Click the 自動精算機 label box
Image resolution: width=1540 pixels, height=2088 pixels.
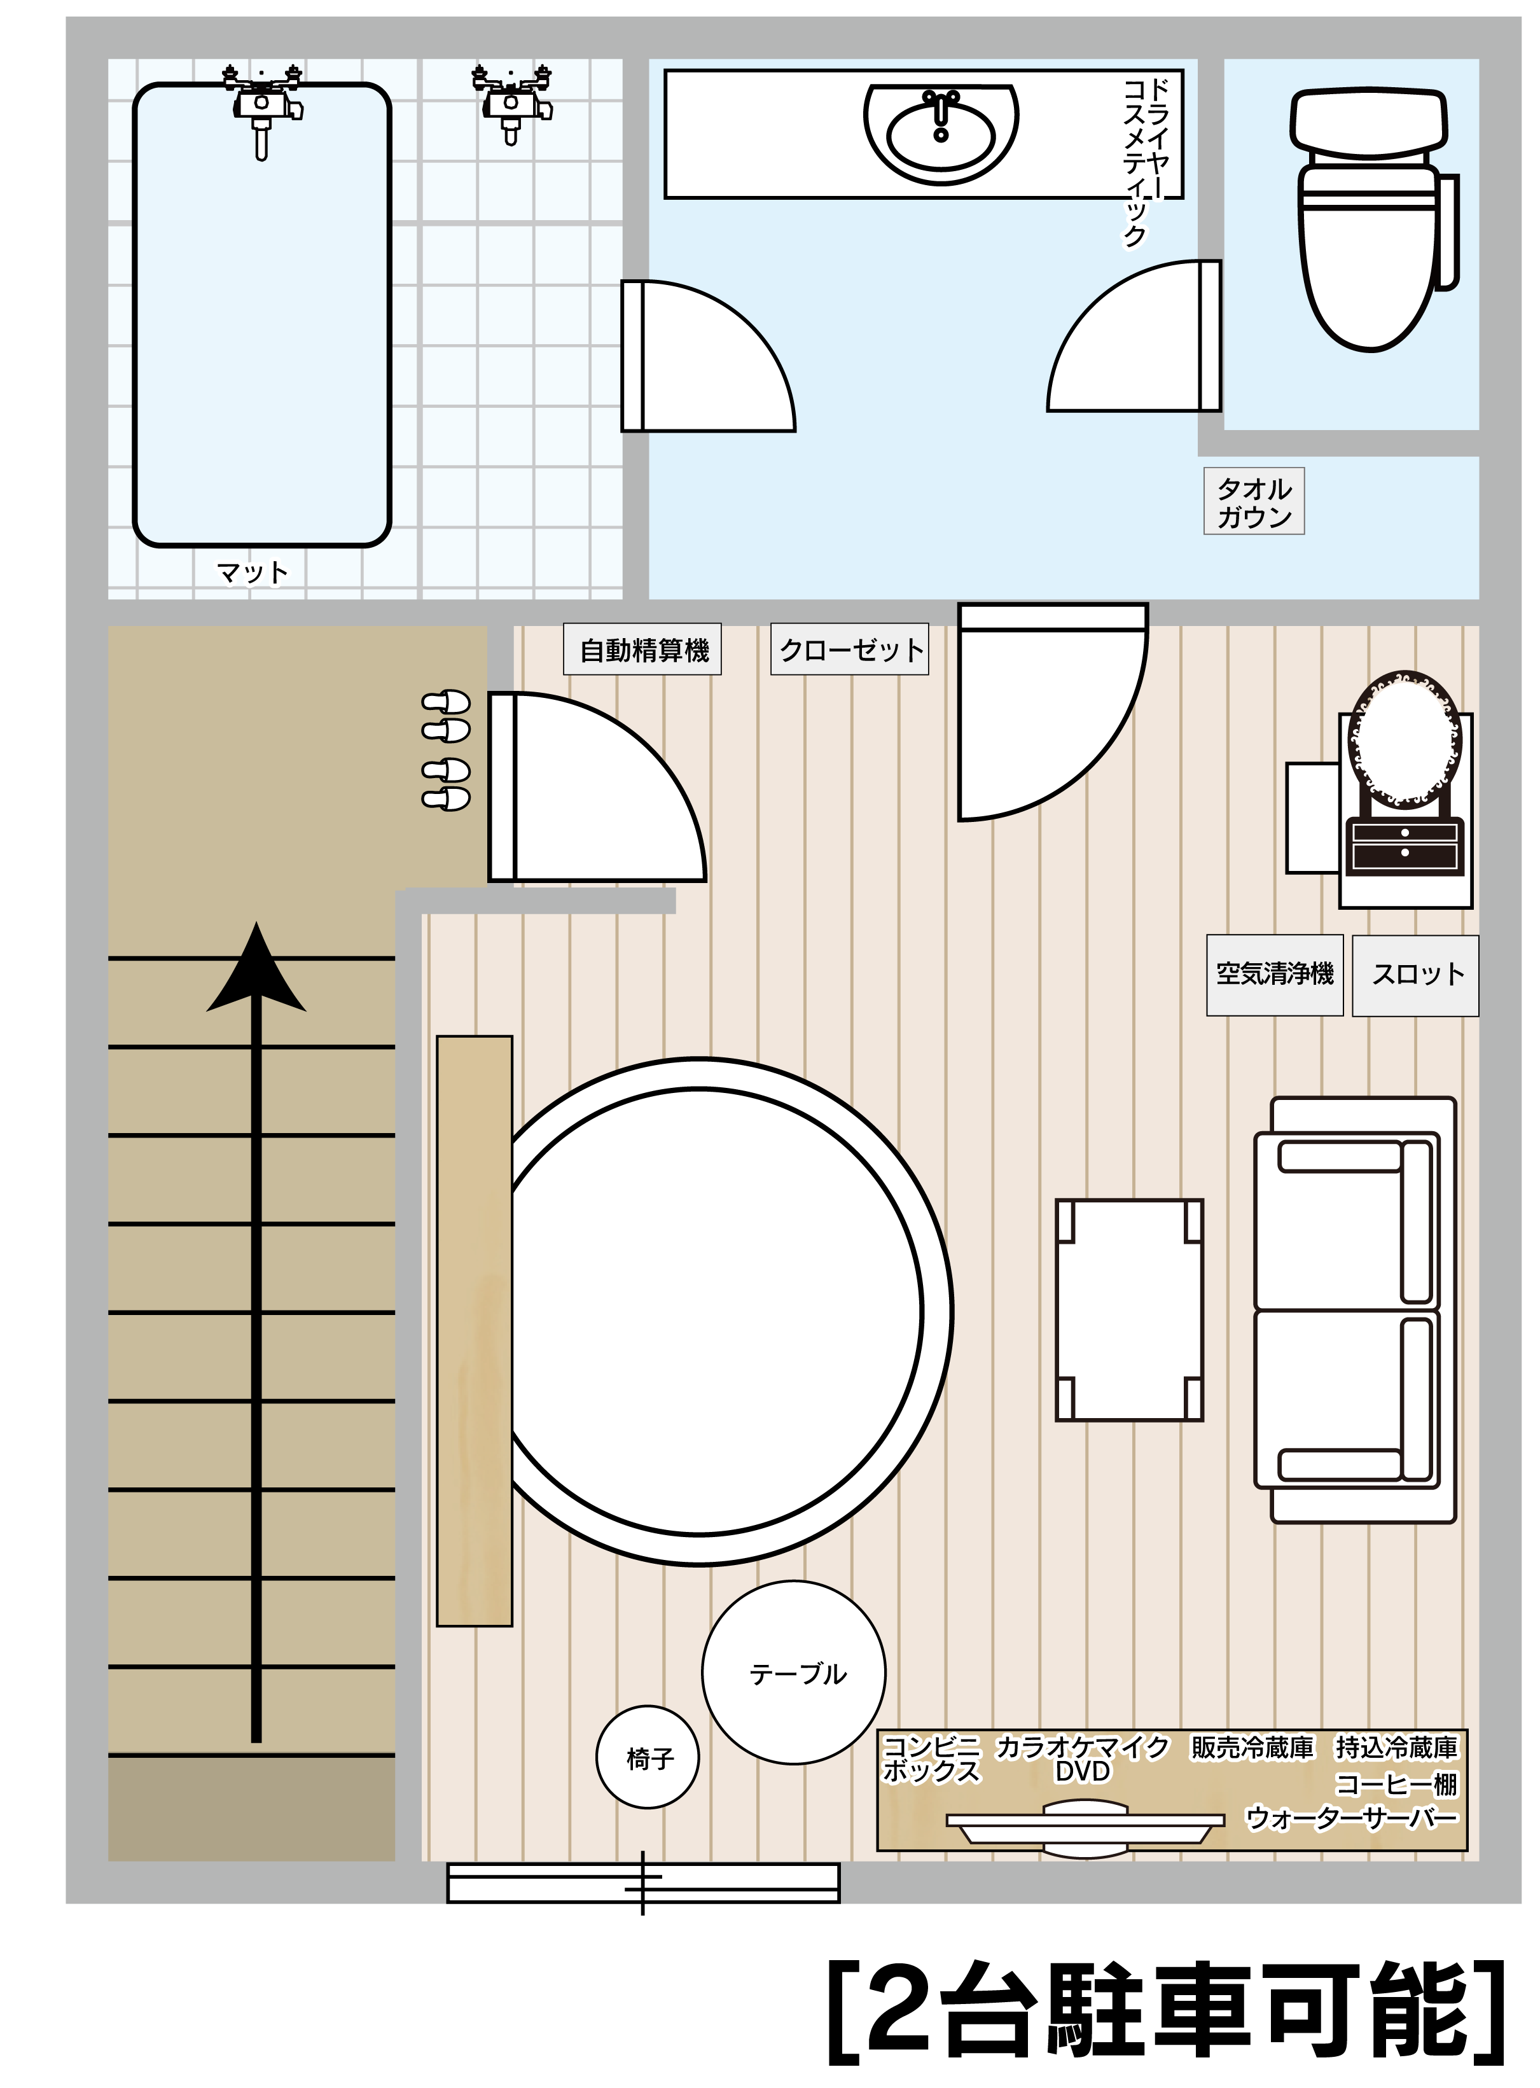point(642,649)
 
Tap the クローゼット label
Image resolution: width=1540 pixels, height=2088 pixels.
point(849,649)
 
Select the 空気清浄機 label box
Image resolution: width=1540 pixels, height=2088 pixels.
point(1274,975)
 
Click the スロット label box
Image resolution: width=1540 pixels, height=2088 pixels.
point(1415,975)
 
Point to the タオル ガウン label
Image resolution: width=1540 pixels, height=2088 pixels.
point(1254,501)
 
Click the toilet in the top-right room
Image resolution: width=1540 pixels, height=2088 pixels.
point(1372,219)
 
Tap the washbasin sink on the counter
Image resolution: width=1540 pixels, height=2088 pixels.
point(941,134)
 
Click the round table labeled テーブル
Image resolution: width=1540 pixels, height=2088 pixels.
point(793,1673)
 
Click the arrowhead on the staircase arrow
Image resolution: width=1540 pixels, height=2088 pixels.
point(256,970)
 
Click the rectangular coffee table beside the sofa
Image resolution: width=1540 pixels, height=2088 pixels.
point(1129,1310)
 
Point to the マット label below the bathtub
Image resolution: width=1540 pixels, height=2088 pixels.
point(252,571)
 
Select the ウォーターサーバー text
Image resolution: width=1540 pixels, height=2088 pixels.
point(1352,1818)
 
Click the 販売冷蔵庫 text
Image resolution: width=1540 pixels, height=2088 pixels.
point(1252,1747)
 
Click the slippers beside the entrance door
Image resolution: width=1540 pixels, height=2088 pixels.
point(447,750)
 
